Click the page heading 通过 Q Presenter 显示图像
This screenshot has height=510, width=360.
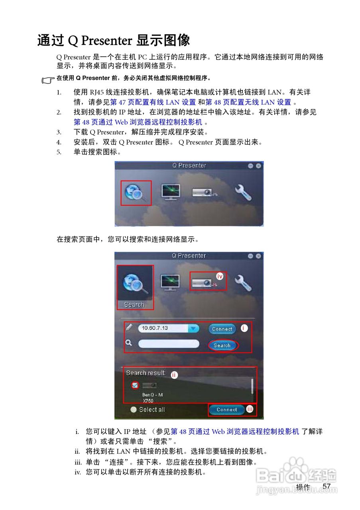click(114, 41)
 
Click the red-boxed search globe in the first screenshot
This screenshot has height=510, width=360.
click(136, 193)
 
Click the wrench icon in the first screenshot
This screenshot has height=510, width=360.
click(242, 192)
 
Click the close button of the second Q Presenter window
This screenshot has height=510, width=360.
click(259, 256)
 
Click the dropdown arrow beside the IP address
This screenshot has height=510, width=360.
click(193, 328)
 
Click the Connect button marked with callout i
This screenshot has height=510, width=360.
click(222, 329)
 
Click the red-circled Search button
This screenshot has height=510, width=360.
click(222, 345)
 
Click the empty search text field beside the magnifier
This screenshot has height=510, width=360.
click(168, 343)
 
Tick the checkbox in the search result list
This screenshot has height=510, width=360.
click(135, 385)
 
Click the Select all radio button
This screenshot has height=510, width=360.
click(133, 410)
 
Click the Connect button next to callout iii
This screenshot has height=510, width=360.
click(226, 410)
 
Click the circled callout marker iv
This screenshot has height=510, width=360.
click(220, 276)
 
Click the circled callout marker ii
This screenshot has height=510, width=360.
click(174, 375)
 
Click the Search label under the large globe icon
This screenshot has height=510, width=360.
click(134, 305)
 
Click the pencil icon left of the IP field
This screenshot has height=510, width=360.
click(129, 328)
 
